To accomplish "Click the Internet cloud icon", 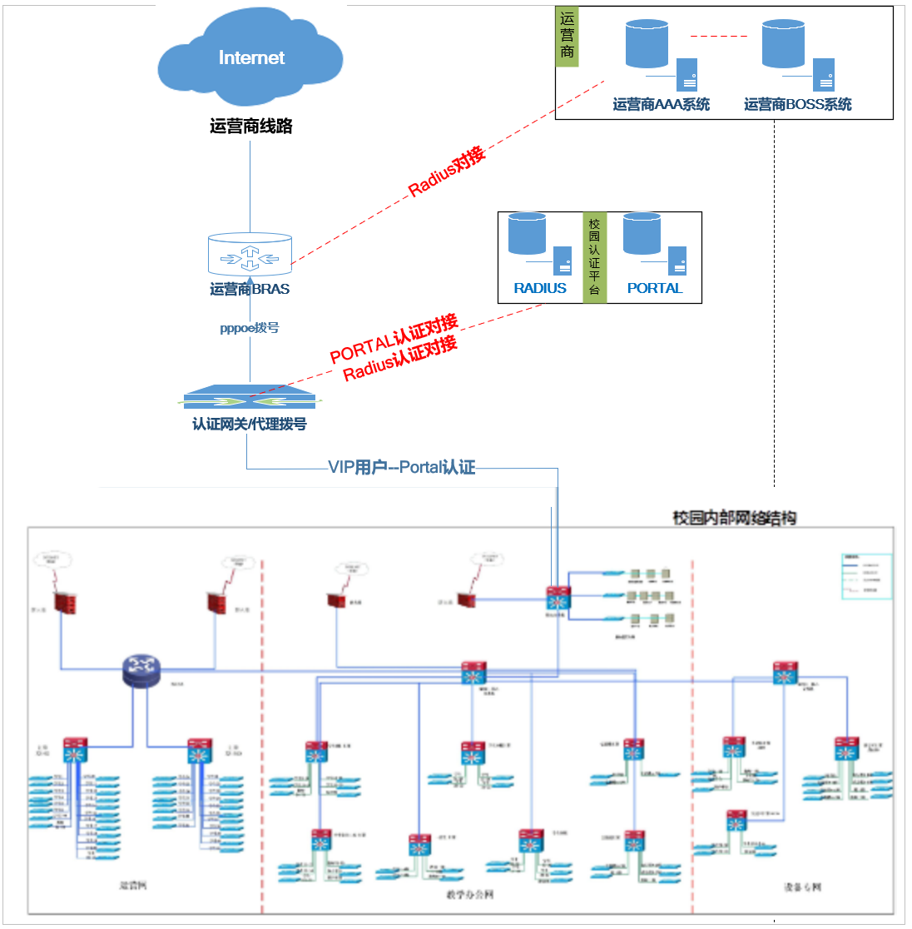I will (x=250, y=58).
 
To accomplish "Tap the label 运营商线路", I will (x=250, y=127).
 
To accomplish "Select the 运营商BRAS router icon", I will (x=250, y=254).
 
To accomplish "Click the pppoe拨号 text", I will (x=250, y=328).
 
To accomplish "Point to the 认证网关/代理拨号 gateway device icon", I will (x=250, y=397).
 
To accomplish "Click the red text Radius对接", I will (x=446, y=172).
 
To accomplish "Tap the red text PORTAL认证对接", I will (x=394, y=339).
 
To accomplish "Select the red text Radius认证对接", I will (x=400, y=359).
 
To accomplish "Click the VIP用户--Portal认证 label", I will (x=402, y=468).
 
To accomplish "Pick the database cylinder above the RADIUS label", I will (x=527, y=234).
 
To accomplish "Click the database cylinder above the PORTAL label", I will (x=642, y=234).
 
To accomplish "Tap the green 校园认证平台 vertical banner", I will (x=594, y=257).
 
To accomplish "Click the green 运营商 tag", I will (x=567, y=37).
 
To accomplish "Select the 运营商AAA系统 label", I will (x=662, y=104).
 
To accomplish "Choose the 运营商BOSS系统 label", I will (x=798, y=104).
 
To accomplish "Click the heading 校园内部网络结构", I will (x=735, y=518).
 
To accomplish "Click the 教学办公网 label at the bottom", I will (x=470, y=895).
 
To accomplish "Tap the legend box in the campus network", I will (x=866, y=576).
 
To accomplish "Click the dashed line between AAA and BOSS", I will (x=718, y=37).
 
